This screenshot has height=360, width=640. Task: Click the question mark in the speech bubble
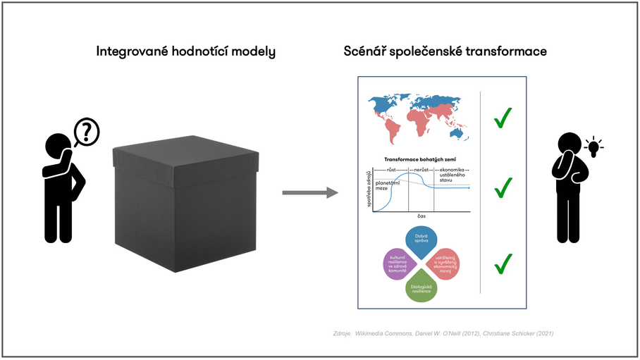pyautogui.click(x=87, y=130)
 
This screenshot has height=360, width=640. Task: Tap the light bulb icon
pyautogui.click(x=593, y=147)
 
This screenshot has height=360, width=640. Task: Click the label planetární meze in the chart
pyautogui.click(x=388, y=185)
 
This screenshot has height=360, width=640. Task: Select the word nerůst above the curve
pyautogui.click(x=420, y=170)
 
